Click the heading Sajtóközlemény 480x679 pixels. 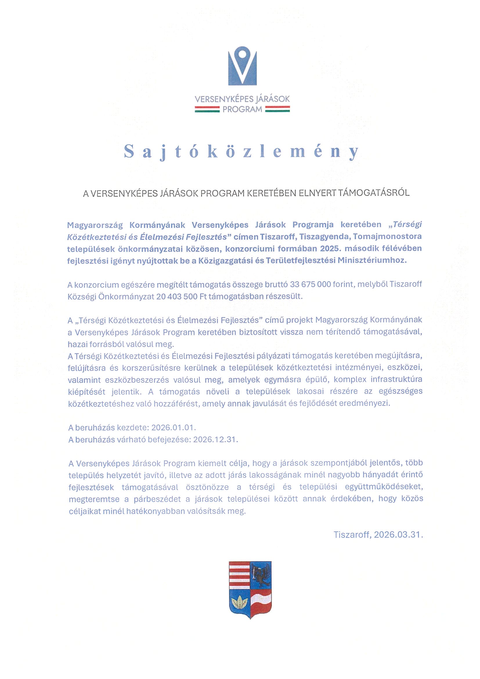point(241,152)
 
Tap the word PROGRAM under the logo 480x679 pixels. point(242,110)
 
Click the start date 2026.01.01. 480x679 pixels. point(174,428)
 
